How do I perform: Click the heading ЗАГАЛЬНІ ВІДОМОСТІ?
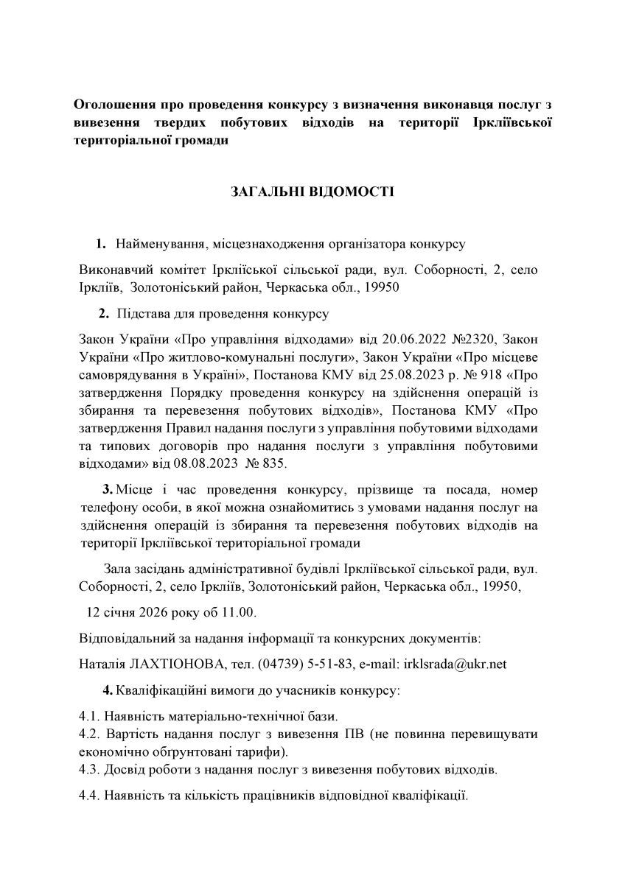(312, 194)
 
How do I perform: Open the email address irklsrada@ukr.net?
(455, 664)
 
